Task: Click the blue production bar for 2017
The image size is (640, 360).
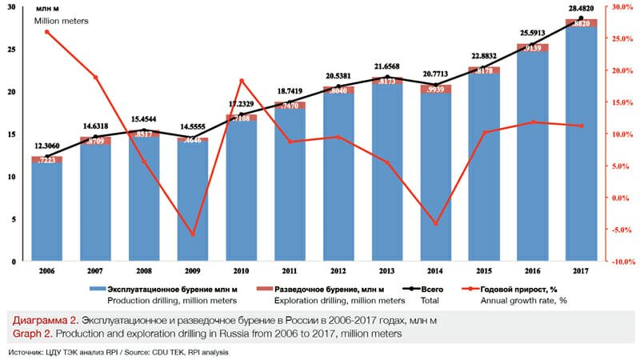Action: click(x=581, y=144)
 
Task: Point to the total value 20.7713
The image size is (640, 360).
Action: click(x=435, y=73)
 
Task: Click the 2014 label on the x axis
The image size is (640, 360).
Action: click(x=435, y=271)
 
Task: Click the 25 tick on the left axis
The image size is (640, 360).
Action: click(x=10, y=49)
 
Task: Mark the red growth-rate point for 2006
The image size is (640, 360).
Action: click(x=47, y=31)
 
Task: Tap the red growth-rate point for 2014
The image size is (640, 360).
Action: click(x=435, y=223)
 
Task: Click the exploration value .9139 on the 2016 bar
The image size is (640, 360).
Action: click(x=532, y=48)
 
